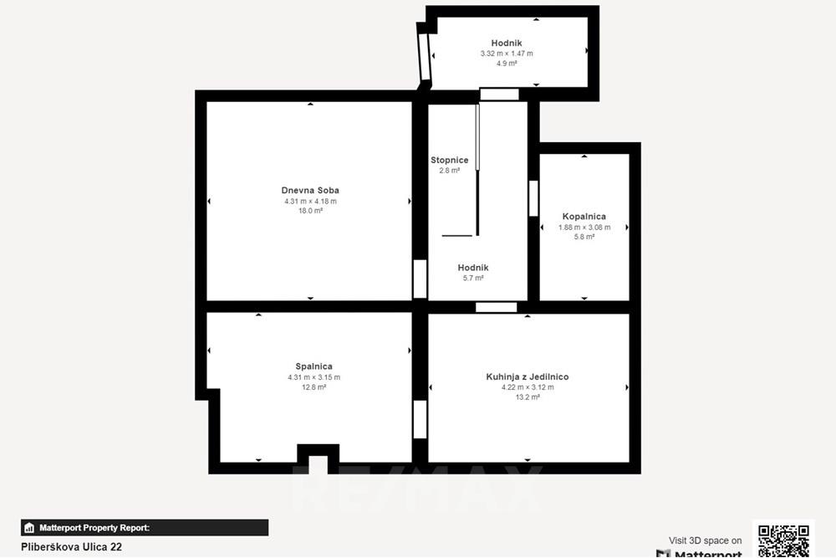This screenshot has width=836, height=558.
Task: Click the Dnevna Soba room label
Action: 310,190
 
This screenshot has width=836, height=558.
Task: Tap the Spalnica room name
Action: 313,366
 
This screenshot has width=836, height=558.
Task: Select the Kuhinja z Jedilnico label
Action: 527,376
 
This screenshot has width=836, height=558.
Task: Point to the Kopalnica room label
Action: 584,216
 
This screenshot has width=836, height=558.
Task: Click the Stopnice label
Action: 449,160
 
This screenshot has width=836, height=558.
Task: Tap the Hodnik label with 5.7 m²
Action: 472,268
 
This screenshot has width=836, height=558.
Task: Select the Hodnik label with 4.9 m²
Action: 506,43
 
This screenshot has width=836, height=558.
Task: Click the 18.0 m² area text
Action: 310,211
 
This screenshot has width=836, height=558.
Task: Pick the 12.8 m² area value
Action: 313,387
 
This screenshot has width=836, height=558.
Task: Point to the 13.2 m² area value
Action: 527,397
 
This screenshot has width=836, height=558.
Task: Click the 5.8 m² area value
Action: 584,237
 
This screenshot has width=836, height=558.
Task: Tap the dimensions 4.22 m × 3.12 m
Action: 527,387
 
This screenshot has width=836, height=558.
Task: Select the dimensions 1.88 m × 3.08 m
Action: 584,227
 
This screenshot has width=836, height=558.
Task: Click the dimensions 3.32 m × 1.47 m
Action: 506,53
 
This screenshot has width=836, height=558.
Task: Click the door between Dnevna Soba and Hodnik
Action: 420,279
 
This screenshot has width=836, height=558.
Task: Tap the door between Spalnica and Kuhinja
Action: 420,419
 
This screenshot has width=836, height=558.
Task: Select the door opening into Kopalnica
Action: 533,198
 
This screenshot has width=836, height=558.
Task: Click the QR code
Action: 782,540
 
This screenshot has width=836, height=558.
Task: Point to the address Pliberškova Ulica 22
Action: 71,546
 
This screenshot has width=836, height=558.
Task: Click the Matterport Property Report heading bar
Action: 145,528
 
